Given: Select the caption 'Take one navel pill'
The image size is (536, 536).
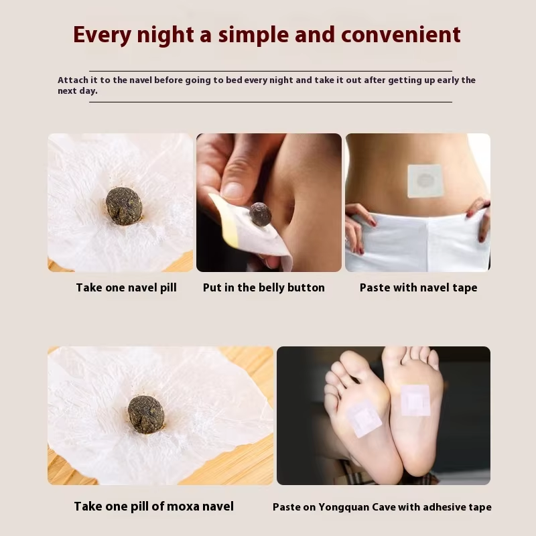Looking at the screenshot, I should [126, 287].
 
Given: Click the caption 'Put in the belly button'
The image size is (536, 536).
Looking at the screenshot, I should [263, 287].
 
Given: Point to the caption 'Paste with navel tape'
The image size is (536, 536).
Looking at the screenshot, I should [418, 287].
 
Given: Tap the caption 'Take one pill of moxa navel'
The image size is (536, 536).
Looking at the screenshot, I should [153, 507].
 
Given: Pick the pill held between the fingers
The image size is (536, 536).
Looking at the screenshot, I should [260, 214].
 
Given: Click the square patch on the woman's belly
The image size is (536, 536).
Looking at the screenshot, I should [425, 180].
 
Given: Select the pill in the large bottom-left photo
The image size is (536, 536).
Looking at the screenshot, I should [146, 413].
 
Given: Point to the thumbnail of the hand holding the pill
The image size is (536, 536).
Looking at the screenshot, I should [269, 202].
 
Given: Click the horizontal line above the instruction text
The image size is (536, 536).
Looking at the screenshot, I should [270, 70].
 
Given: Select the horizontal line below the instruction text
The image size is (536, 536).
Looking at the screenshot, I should [270, 102].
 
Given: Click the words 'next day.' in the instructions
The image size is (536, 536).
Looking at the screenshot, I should [77, 90].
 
